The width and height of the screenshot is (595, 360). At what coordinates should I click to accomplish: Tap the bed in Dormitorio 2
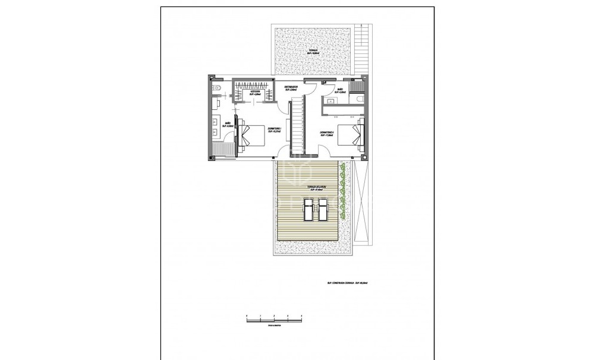[x=351, y=136]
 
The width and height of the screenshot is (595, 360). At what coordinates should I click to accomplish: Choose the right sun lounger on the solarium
[x=323, y=209]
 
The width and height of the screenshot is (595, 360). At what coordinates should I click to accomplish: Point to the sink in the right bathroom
[x=330, y=100]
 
